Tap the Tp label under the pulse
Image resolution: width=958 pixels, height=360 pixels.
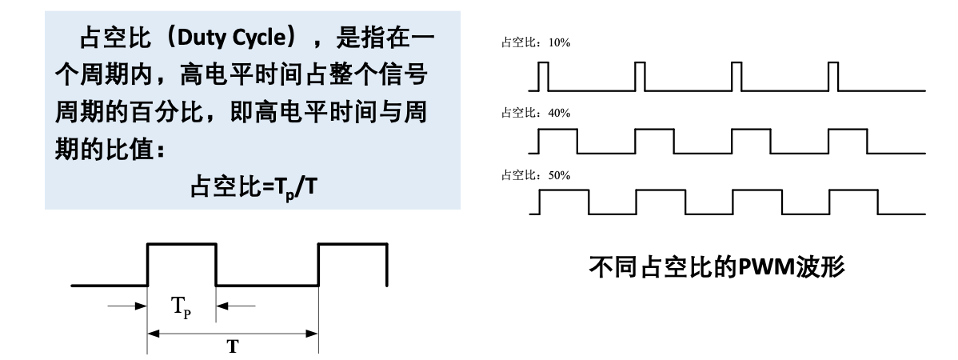(182, 307)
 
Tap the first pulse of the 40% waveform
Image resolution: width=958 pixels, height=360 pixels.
(557, 141)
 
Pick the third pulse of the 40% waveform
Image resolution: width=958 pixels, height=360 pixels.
(751, 141)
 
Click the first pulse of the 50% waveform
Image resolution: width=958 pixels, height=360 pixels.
(564, 202)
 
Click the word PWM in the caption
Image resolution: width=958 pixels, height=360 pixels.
(763, 265)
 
